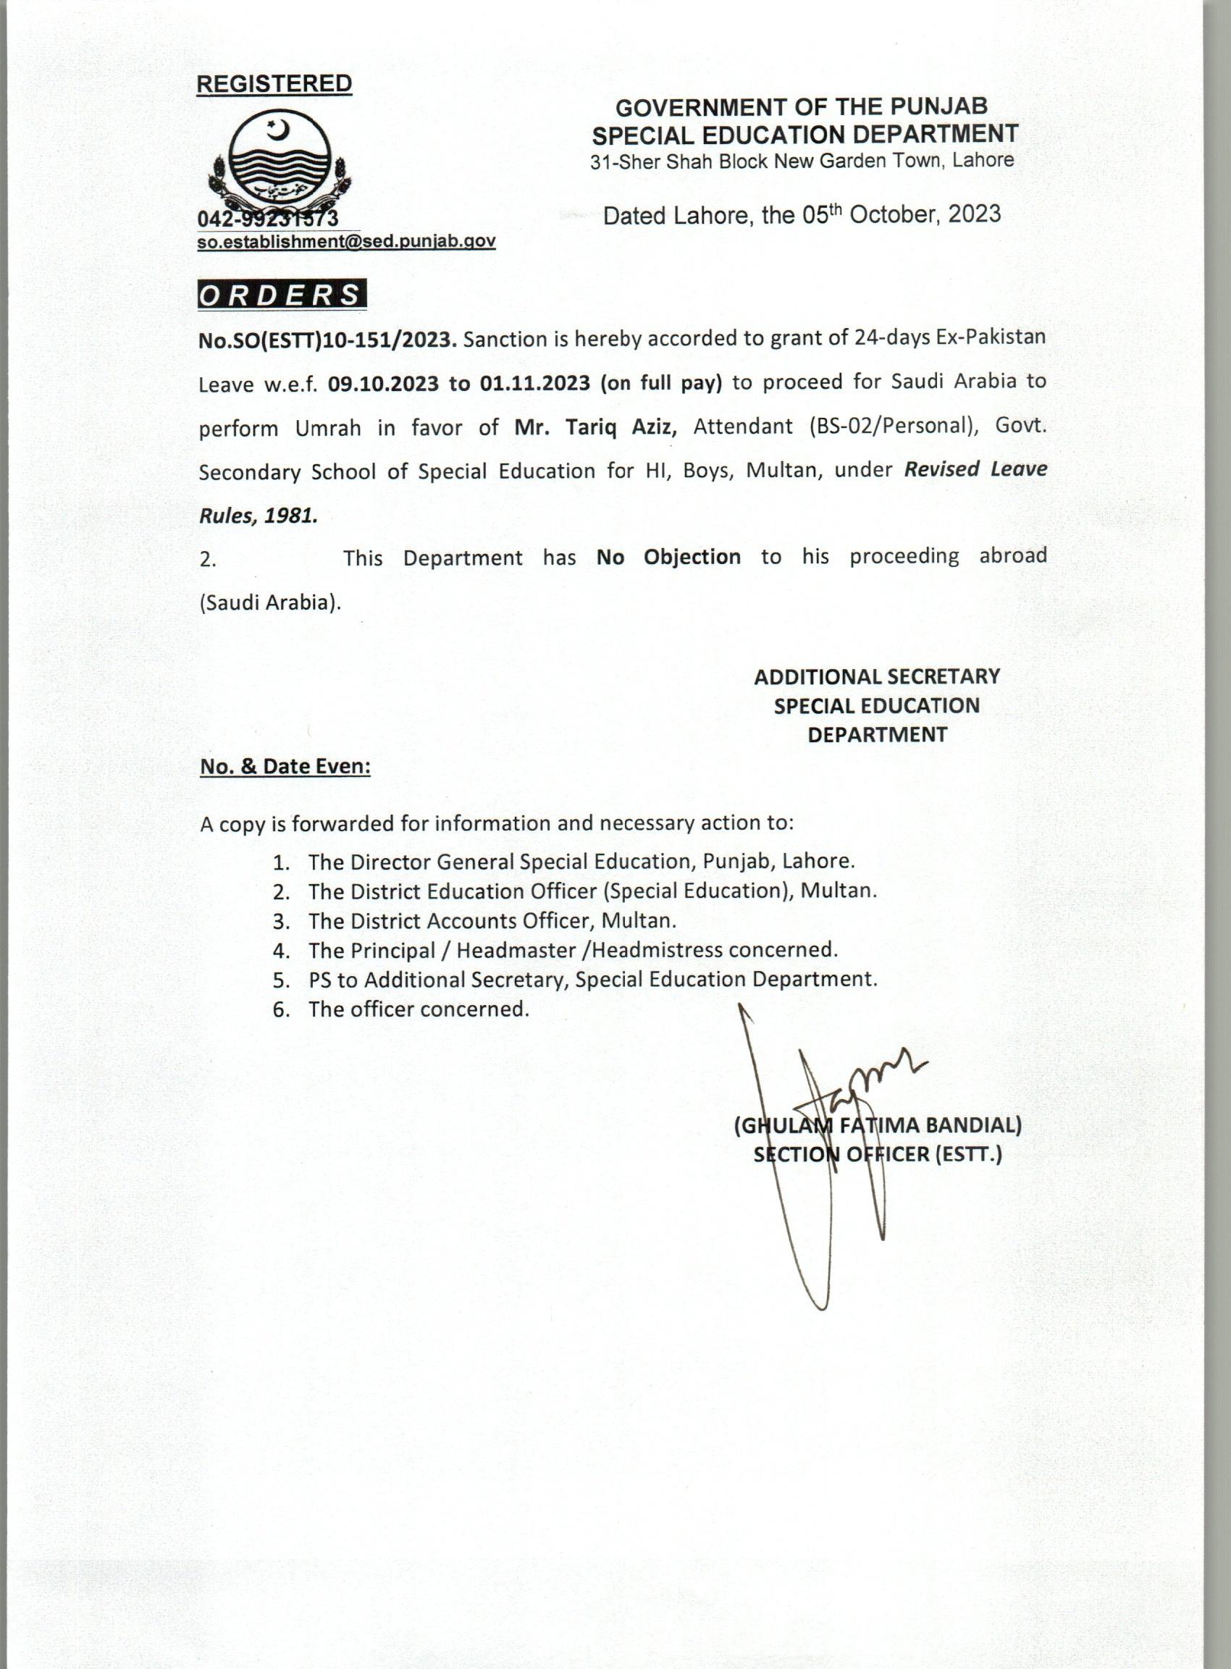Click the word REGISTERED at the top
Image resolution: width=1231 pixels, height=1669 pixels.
[274, 83]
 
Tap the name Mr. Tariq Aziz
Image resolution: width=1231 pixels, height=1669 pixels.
[595, 428]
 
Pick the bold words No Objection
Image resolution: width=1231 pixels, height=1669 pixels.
[668, 557]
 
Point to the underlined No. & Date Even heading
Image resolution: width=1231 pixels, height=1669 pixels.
[285, 767]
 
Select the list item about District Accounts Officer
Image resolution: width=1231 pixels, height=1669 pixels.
[492, 920]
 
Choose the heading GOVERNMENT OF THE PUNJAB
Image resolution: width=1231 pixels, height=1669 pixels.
[801, 107]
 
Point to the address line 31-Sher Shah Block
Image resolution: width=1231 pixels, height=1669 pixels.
[801, 161]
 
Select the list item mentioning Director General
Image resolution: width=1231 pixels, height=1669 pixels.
[581, 862]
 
